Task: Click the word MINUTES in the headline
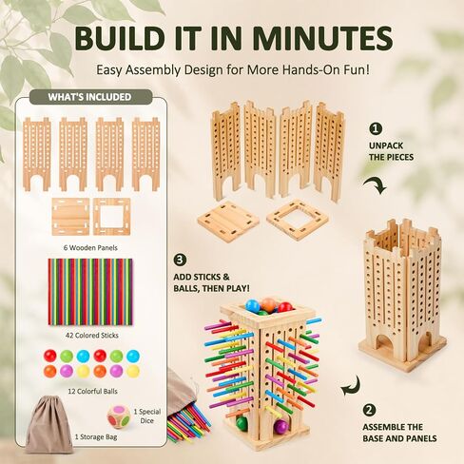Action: pyautogui.click(x=322, y=38)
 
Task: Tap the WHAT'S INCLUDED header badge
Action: pyautogui.click(x=90, y=97)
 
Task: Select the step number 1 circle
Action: pyautogui.click(x=376, y=129)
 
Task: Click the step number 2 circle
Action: pyautogui.click(x=369, y=411)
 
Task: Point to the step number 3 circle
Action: pyautogui.click(x=180, y=261)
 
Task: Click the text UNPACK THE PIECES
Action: pyautogui.click(x=391, y=151)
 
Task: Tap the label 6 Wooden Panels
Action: pyautogui.click(x=90, y=247)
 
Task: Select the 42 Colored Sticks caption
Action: pyautogui.click(x=92, y=336)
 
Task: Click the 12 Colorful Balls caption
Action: pyautogui.click(x=92, y=392)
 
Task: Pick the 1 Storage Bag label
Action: pyautogui.click(x=96, y=437)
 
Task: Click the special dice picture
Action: pyautogui.click(x=118, y=416)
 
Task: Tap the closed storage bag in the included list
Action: pyautogui.click(x=48, y=425)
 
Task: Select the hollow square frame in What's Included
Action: pyautogui.click(x=112, y=217)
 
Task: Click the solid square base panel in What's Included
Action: pyautogui.click(x=70, y=217)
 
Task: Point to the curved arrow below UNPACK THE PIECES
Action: pyautogui.click(x=376, y=185)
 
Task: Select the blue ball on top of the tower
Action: pyautogui.click(x=253, y=305)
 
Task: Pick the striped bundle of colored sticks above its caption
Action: pyautogui.click(x=90, y=292)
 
